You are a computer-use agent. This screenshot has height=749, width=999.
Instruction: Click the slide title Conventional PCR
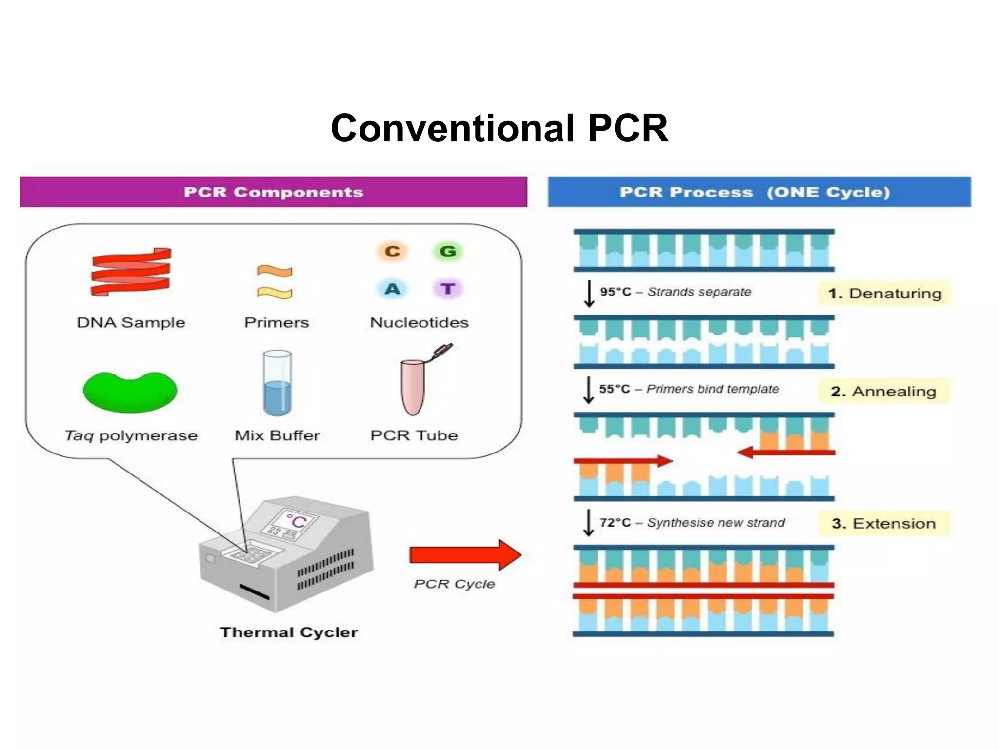coord(499,128)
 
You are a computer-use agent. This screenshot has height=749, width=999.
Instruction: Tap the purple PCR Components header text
coord(273,192)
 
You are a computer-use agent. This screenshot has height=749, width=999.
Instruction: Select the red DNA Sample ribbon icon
coord(131,272)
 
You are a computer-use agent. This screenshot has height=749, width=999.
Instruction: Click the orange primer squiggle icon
coord(275,271)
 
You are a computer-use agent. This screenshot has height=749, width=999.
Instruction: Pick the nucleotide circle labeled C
coord(392,252)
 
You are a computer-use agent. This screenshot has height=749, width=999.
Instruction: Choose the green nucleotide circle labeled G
coord(447,252)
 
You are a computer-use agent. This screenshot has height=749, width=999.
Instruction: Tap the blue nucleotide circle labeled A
coord(392,289)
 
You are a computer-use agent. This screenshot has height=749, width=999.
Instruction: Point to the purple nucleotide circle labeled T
coord(447,289)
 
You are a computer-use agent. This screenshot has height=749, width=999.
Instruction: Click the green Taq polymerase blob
coord(130,391)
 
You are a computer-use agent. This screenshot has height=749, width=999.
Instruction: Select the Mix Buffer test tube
coord(277,383)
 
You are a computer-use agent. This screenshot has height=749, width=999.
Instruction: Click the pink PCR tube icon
coord(413,387)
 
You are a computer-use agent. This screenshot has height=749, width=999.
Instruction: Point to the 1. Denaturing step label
coord(884,294)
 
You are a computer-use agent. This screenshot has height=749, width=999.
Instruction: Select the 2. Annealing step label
coord(883,392)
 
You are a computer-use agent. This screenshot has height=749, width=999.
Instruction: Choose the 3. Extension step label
coord(883,524)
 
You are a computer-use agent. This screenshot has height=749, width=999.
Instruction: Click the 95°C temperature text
coord(616,292)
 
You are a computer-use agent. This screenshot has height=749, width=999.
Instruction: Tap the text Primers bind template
coord(712,389)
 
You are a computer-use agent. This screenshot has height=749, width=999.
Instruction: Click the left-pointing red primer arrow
coord(785,453)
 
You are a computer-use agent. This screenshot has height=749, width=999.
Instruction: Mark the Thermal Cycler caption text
coord(289,632)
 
